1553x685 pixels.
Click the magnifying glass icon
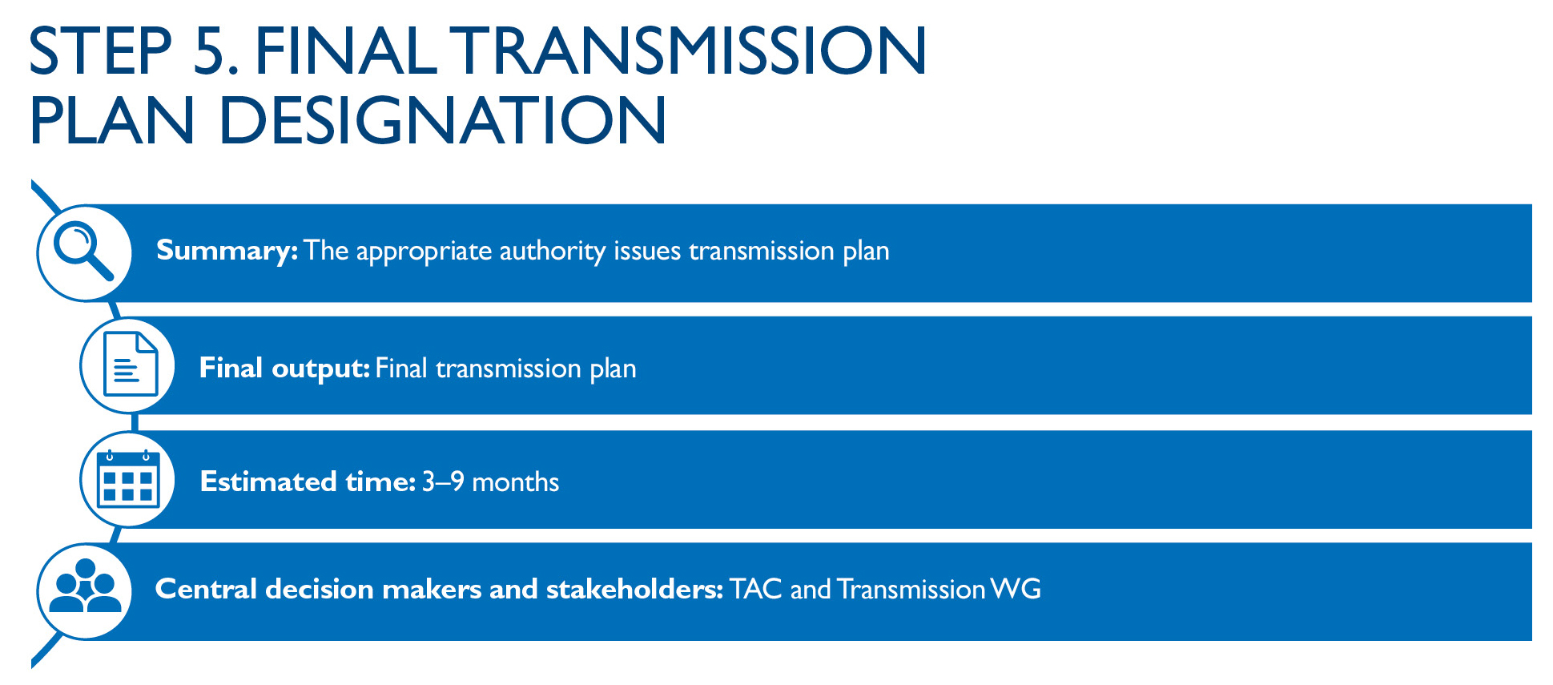(x=83, y=252)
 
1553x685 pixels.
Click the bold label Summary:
(x=227, y=251)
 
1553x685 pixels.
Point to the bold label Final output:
(x=284, y=369)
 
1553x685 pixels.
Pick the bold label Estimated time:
(x=308, y=482)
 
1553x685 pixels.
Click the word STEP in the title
(x=101, y=50)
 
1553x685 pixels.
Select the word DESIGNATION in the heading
(x=442, y=120)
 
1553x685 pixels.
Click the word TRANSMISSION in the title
(x=690, y=50)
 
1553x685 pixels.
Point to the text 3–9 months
(x=490, y=482)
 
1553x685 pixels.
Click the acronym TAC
(x=755, y=589)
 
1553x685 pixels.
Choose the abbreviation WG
(x=1016, y=589)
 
